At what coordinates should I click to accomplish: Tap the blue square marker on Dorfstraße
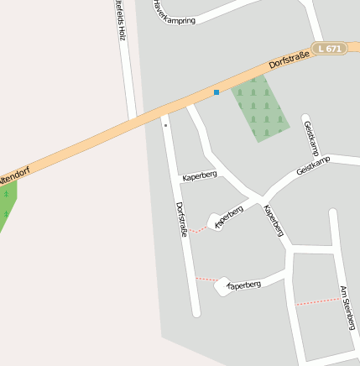click(x=217, y=91)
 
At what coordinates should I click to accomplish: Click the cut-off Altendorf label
click(x=14, y=177)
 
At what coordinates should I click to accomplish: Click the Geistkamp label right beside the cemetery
click(x=310, y=137)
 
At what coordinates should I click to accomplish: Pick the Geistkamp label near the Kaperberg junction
click(x=313, y=165)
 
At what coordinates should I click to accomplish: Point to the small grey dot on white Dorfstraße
click(x=166, y=125)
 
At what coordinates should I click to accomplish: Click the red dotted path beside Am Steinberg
click(x=317, y=301)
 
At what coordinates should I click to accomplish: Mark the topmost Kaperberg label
click(x=199, y=175)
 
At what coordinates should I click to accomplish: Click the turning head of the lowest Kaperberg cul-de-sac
click(x=222, y=287)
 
